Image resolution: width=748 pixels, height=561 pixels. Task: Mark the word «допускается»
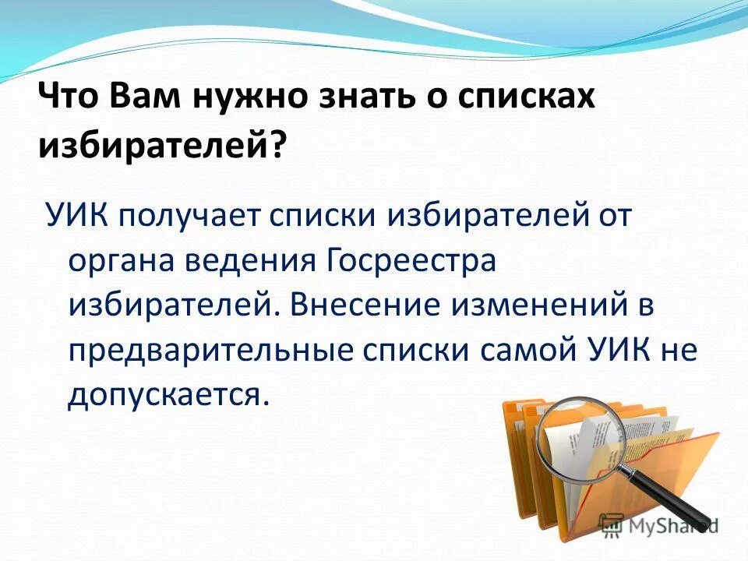[168, 395]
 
